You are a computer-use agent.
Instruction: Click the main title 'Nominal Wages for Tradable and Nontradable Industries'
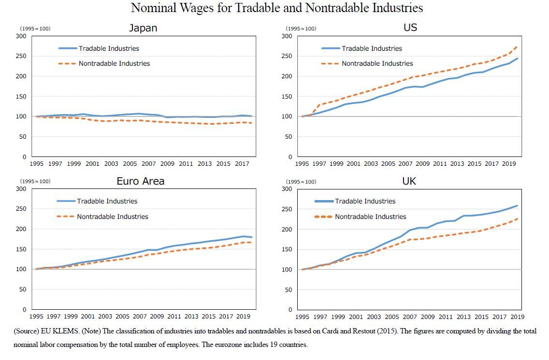pos(277,8)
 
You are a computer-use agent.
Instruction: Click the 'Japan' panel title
pos(143,28)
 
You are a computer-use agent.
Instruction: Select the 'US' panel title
pos(410,28)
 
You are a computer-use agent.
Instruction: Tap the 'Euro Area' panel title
pos(140,181)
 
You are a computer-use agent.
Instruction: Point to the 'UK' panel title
pos(409,181)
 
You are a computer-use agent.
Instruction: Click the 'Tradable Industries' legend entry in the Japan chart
pos(109,48)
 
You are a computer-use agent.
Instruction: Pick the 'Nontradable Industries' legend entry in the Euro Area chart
pos(112,216)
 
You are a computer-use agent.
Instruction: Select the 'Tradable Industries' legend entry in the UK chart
pos(365,201)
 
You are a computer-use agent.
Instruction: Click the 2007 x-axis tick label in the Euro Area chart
pos(140,317)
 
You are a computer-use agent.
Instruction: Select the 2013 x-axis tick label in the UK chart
pos(463,317)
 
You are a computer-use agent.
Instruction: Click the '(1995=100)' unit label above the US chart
pos(301,29)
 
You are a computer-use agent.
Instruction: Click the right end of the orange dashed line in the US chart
pos(517,46)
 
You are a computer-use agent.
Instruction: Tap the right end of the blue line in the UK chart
pos(518,206)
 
